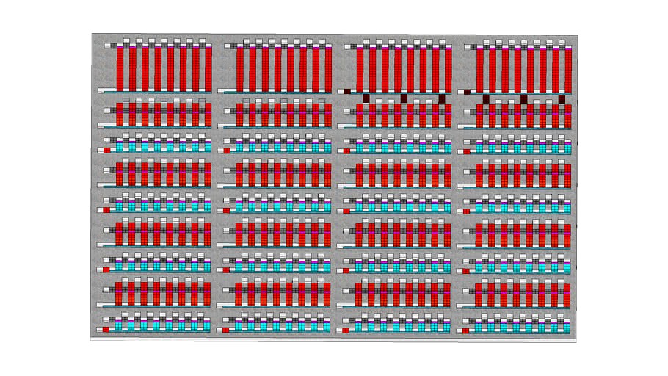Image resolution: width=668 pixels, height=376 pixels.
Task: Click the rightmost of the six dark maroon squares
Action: coord(562,98)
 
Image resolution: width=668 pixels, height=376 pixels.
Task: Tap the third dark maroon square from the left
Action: coord(442,98)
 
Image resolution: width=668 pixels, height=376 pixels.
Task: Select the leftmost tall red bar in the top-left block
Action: coord(120,68)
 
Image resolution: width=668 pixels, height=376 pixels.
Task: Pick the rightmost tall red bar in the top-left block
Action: coord(207,68)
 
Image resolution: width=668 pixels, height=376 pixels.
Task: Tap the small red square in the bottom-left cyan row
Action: coord(106,330)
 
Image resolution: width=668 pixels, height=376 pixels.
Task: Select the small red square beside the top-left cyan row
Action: coord(106,149)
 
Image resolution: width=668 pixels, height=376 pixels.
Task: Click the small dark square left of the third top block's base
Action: coord(347,91)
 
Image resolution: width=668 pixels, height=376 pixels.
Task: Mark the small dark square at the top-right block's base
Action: coord(467,92)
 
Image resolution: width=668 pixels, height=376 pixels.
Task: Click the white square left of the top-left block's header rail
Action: coord(108,46)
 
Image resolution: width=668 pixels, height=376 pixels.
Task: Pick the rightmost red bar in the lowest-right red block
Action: coord(567,292)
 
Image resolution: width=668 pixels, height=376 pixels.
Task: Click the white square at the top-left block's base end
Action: coord(102,90)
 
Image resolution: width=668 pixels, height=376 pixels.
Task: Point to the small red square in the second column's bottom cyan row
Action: coord(225,330)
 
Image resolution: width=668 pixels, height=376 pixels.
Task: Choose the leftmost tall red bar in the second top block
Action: coord(240,68)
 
